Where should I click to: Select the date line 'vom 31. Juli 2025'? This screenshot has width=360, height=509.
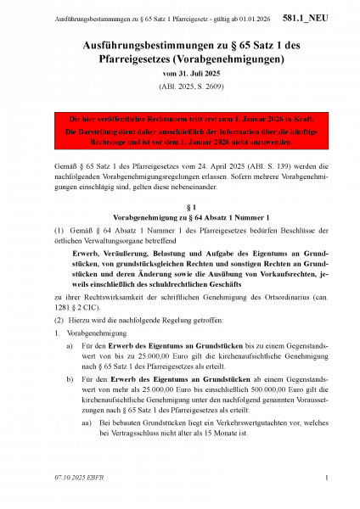180,75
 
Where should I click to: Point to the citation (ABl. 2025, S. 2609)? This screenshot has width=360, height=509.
180,88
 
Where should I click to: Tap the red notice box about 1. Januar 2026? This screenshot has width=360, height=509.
180,127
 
